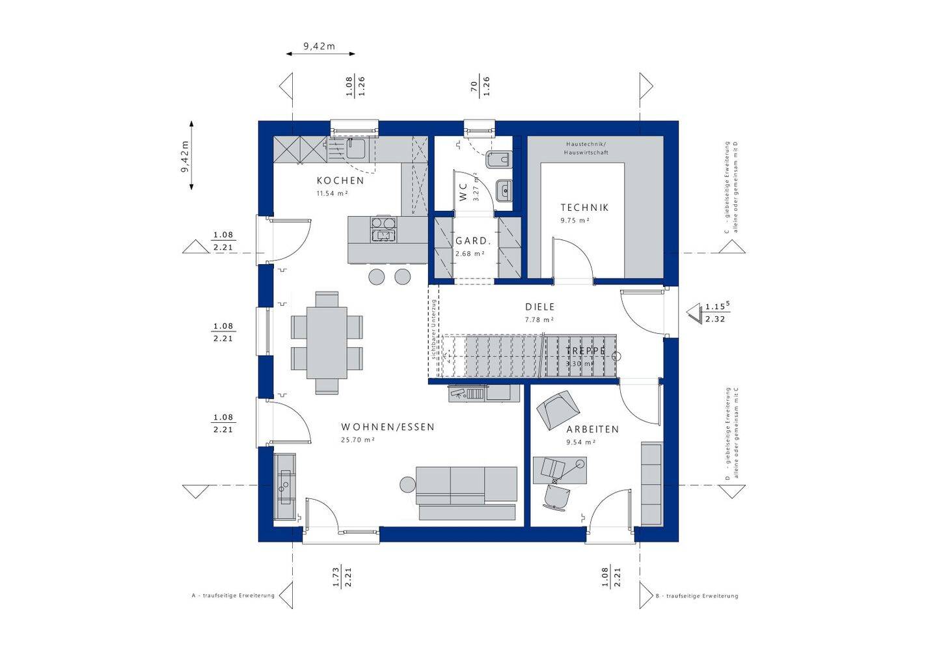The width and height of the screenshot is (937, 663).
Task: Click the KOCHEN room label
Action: (x=340, y=180)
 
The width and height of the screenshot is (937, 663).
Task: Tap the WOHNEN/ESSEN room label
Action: (x=388, y=427)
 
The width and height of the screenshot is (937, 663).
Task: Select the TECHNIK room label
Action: (x=584, y=208)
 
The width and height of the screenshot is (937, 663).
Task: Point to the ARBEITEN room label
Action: (x=592, y=429)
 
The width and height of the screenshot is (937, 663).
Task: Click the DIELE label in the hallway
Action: (x=540, y=306)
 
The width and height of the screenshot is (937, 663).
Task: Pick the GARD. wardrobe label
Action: (x=472, y=241)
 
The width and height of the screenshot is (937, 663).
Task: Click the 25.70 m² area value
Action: (x=357, y=440)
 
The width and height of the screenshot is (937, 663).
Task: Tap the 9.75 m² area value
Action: (x=575, y=221)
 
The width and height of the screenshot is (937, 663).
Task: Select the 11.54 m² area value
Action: (x=332, y=194)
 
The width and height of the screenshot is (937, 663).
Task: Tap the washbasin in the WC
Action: (x=504, y=191)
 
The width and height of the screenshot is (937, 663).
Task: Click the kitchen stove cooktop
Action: (x=383, y=229)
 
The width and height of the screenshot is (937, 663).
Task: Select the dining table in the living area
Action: (x=327, y=343)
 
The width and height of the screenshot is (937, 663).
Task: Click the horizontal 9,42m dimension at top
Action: (x=319, y=46)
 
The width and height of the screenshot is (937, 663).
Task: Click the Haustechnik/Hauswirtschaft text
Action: (x=586, y=148)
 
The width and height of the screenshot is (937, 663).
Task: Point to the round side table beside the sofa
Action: (x=407, y=485)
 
